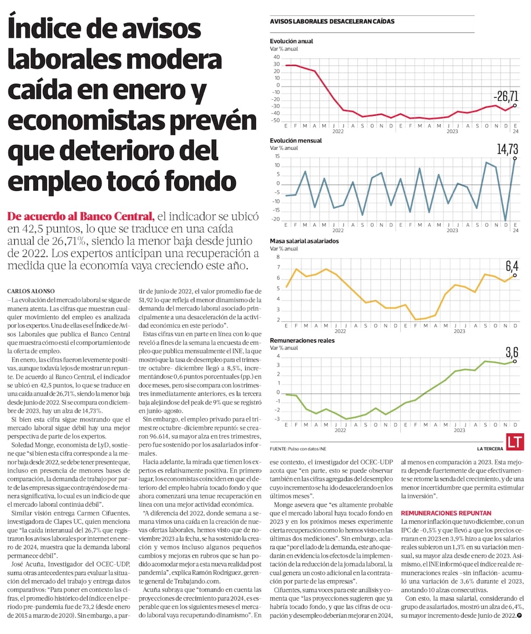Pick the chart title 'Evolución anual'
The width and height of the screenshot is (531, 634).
[x=292, y=41]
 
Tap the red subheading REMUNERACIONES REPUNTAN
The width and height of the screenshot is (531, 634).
[x=446, y=513]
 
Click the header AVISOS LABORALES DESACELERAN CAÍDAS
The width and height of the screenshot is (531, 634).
[x=332, y=22]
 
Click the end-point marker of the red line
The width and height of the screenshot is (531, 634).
[x=515, y=106]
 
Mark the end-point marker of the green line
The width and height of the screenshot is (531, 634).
[x=515, y=361]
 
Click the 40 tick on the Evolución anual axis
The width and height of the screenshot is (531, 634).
[x=276, y=57]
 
